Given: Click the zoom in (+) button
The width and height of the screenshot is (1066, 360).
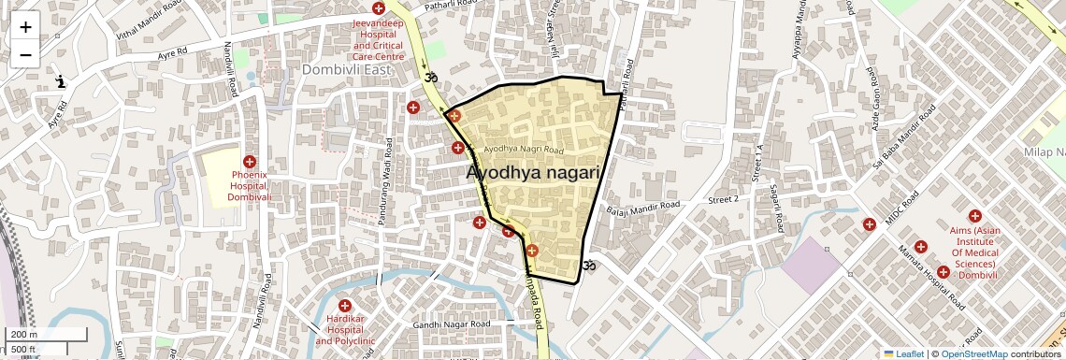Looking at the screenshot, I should pyautogui.click(x=25, y=26).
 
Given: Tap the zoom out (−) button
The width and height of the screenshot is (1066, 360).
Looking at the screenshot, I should pyautogui.click(x=25, y=54).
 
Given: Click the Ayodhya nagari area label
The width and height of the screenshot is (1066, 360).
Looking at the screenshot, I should pyautogui.click(x=532, y=173).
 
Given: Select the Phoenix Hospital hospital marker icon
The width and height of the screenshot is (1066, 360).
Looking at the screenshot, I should pyautogui.click(x=250, y=162).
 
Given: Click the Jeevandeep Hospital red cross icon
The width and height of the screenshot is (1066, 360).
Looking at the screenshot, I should pyautogui.click(x=378, y=8).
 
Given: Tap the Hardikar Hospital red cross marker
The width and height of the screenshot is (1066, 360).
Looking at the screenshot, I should pyautogui.click(x=345, y=306).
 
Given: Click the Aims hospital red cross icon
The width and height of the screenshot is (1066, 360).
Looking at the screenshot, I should pyautogui.click(x=974, y=216).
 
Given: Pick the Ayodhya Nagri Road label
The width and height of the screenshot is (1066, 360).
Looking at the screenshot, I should pyautogui.click(x=525, y=150).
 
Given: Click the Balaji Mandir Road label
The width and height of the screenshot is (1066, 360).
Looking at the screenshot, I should pyautogui.click(x=642, y=206).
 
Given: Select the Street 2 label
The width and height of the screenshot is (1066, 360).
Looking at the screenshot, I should pyautogui.click(x=723, y=199).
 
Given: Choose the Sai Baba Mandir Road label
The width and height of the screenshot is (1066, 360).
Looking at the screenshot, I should pyautogui.click(x=903, y=140).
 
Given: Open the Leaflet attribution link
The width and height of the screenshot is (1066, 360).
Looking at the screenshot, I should pyautogui.click(x=903, y=353).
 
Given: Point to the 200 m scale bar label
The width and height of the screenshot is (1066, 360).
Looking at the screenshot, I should pyautogui.click(x=23, y=335).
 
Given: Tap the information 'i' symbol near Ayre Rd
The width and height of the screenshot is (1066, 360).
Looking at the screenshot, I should pyautogui.click(x=61, y=81).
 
